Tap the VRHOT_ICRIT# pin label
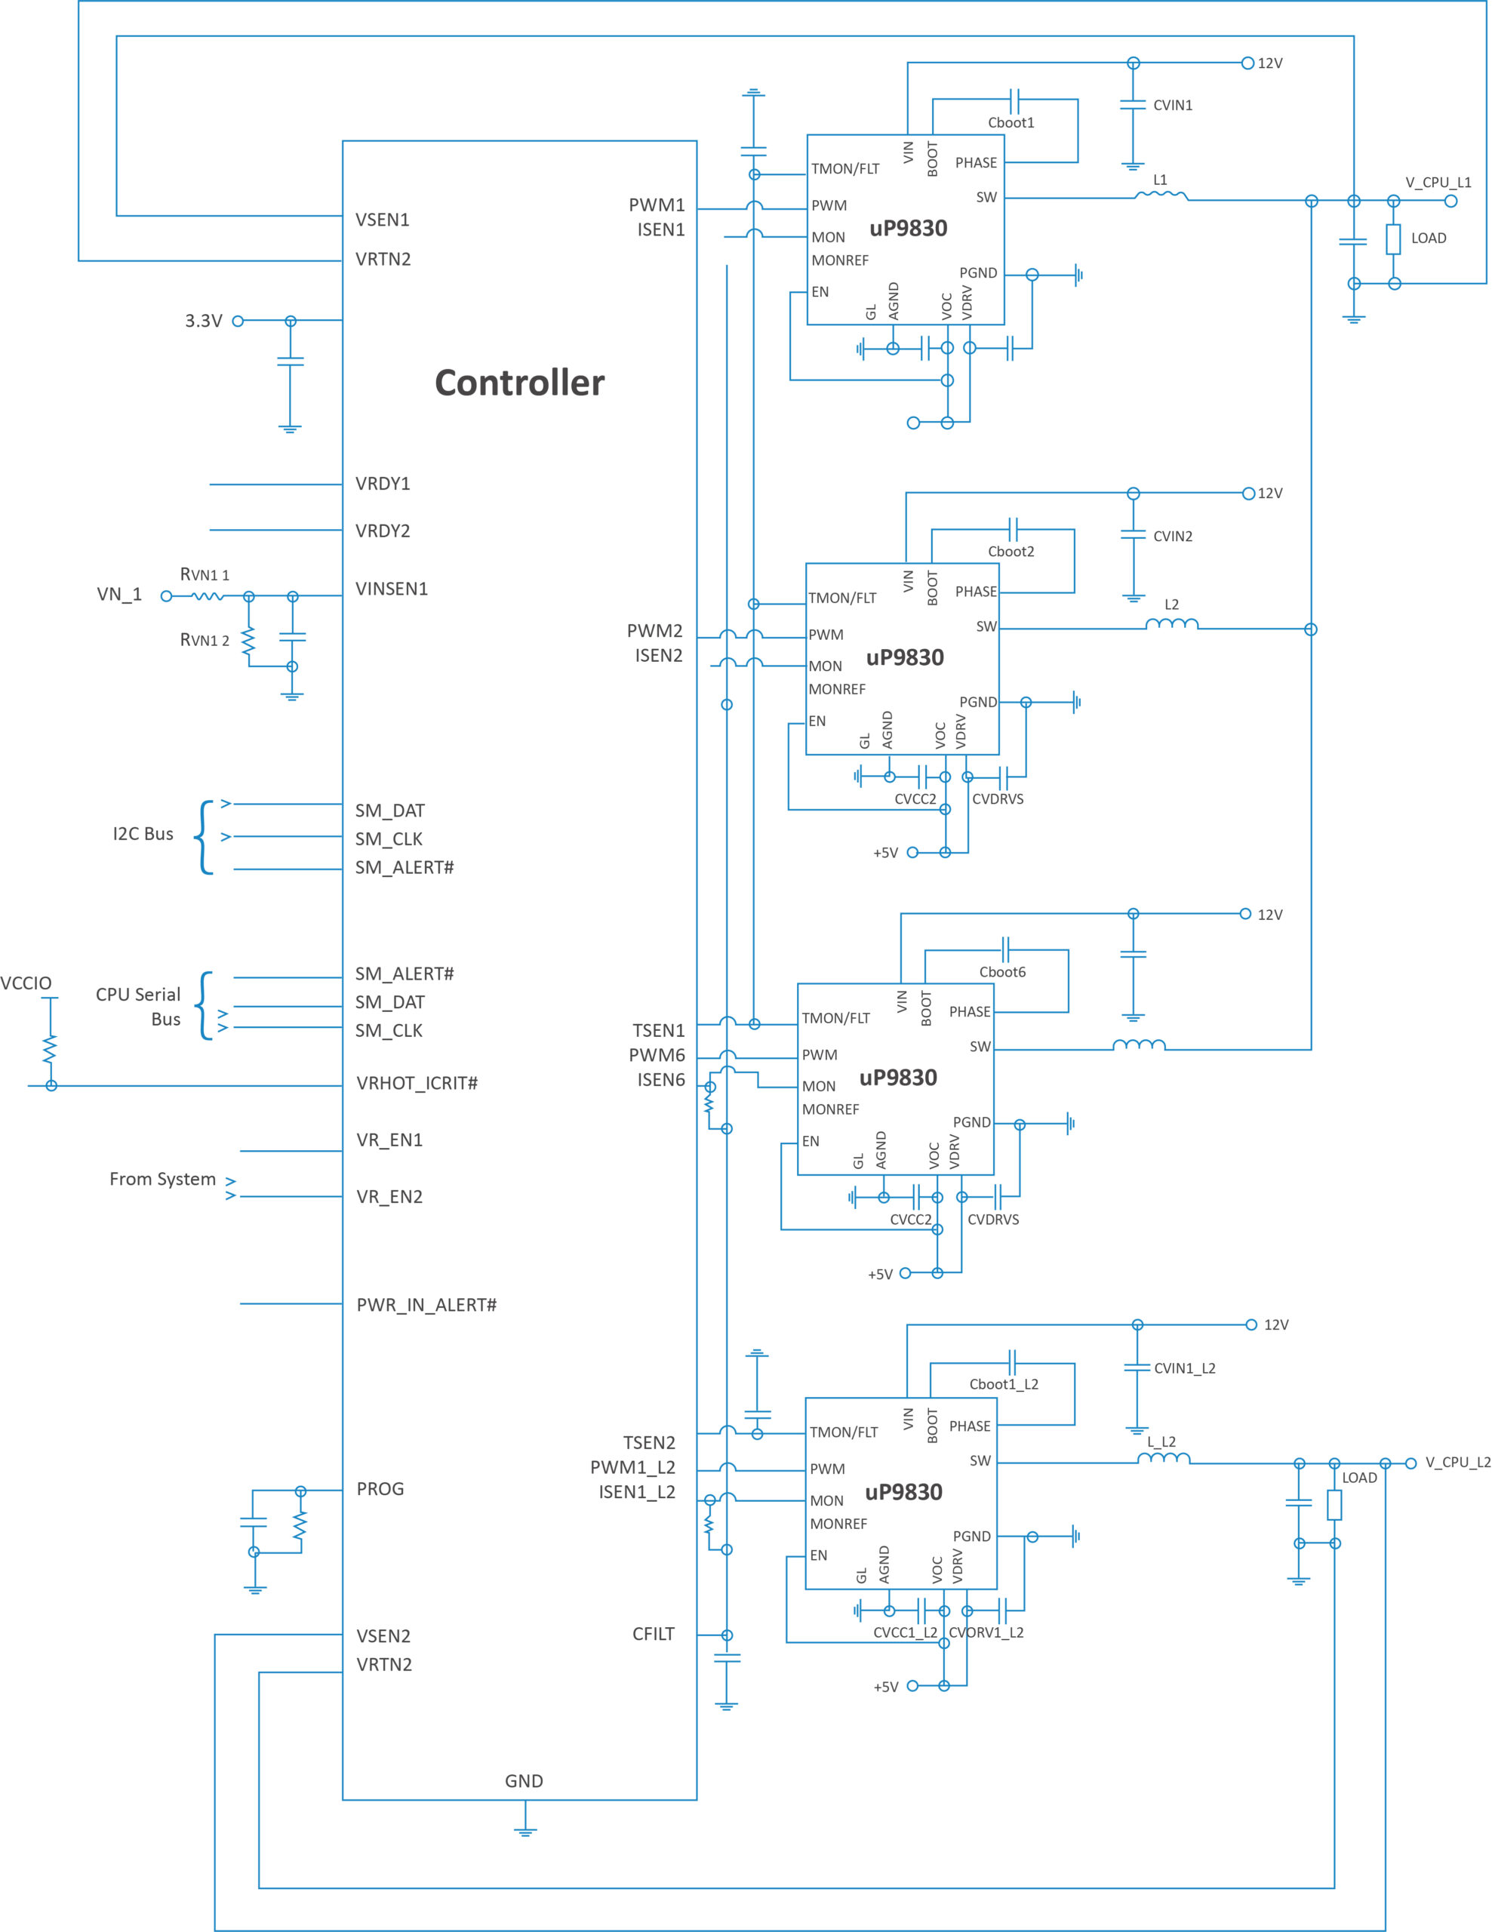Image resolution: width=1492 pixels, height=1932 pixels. pyautogui.click(x=417, y=1084)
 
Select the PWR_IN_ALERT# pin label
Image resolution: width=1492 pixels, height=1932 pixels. pyautogui.click(x=426, y=1305)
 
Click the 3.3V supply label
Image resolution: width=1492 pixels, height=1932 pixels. pyautogui.click(x=204, y=321)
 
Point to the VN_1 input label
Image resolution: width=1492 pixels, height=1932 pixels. pyautogui.click(x=119, y=595)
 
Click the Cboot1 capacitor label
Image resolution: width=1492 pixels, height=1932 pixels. pyautogui.click(x=1011, y=123)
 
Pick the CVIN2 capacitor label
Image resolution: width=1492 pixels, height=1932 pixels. pyautogui.click(x=1173, y=536)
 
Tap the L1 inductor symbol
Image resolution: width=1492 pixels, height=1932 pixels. pyautogui.click(x=1161, y=195)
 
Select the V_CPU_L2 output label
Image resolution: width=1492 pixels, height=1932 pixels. pyautogui.click(x=1457, y=1463)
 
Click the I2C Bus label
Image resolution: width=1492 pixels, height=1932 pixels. pyautogui.click(x=143, y=834)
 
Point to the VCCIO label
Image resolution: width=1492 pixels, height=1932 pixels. pyautogui.click(x=26, y=983)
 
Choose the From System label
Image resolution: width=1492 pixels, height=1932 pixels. pyautogui.click(x=163, y=1179)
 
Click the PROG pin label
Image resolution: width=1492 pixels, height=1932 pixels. pyautogui.click(x=380, y=1489)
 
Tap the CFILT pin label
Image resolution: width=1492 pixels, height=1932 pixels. pyautogui.click(x=654, y=1634)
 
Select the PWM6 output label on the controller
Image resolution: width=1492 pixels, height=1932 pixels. pyautogui.click(x=657, y=1055)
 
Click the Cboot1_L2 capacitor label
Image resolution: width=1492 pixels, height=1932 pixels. pyautogui.click(x=1004, y=1384)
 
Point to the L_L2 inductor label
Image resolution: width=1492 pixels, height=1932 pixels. pyautogui.click(x=1161, y=1442)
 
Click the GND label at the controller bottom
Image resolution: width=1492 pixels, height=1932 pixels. pyautogui.click(x=525, y=1782)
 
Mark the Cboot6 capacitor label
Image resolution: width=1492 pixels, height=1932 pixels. pyautogui.click(x=1002, y=972)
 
